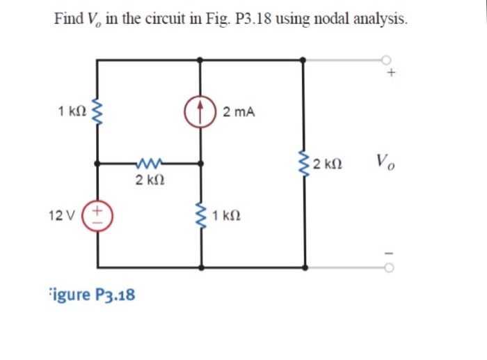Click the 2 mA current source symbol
pos(201,111)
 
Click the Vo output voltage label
pos(385,164)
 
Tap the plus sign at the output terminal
pos(392,72)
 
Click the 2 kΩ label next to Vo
pos(326,165)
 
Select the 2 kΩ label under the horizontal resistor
pos(150,181)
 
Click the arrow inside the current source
pos(201,111)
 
